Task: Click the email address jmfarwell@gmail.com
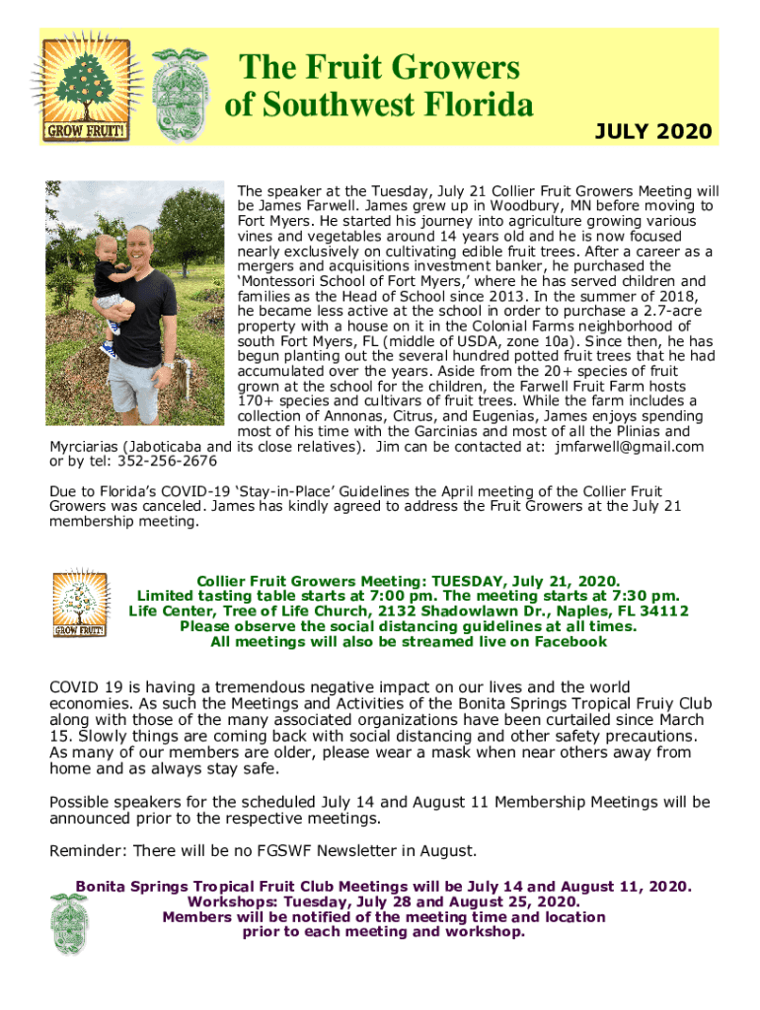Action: (630, 447)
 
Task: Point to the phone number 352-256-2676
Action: (168, 462)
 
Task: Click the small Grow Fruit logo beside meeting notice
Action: (80, 603)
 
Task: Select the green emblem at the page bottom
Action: (70, 921)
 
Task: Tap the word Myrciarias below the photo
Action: (92, 447)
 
